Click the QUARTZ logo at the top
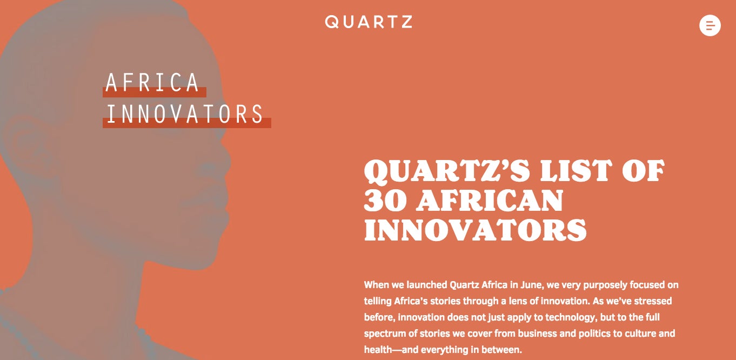tap(369, 22)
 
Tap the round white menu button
tap(710, 25)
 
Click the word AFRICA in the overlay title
tap(152, 82)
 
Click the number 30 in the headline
tap(386, 200)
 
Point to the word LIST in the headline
tap(576, 170)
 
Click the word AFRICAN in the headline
tap(490, 200)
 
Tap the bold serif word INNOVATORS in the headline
tap(476, 230)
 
